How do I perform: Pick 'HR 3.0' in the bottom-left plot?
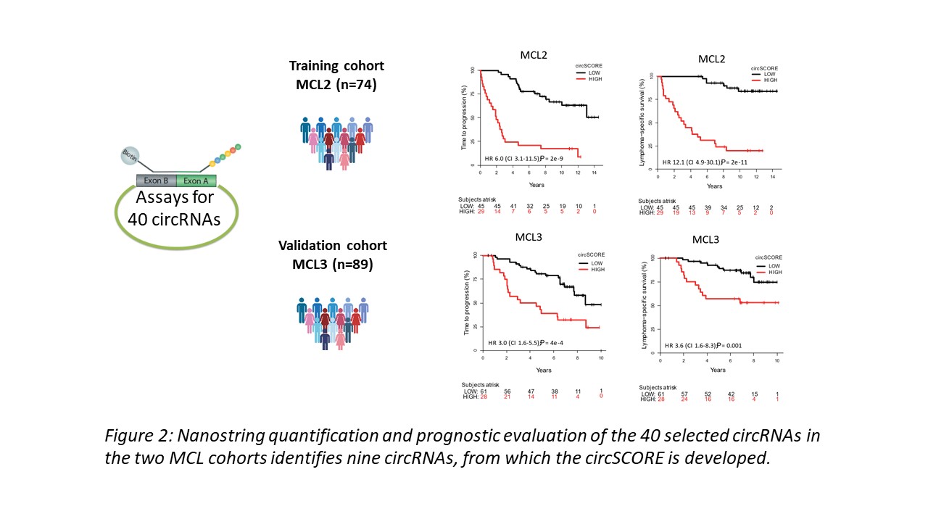point(500,342)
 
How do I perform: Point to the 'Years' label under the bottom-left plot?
point(544,370)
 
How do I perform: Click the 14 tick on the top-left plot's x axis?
point(593,174)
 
